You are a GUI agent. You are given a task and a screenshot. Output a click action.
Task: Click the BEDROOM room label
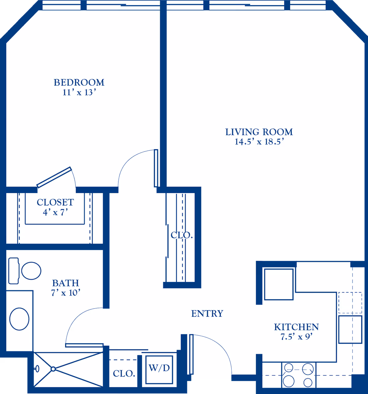(79, 82)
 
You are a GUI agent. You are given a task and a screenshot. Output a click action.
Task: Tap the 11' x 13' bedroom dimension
(79, 92)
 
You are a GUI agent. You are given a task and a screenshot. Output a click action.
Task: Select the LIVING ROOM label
(259, 132)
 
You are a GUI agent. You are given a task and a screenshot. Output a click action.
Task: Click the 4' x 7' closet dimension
(55, 212)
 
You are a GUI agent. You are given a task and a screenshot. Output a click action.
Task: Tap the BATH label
(65, 283)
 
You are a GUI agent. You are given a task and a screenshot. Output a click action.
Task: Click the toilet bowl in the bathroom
(31, 271)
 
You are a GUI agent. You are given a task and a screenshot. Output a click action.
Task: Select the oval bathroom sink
(19, 319)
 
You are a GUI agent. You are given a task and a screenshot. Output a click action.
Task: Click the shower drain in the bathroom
(53, 369)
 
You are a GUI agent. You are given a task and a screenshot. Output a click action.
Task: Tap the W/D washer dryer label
(159, 368)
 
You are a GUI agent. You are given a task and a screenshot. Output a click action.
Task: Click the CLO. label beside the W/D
(124, 374)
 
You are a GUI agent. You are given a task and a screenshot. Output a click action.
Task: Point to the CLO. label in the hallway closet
(182, 235)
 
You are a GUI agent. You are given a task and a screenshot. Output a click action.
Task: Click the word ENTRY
(207, 313)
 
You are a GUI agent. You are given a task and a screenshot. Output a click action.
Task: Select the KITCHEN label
(296, 327)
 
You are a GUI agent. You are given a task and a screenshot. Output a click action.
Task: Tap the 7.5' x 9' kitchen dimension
(296, 337)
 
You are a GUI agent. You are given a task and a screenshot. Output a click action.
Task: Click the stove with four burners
(298, 375)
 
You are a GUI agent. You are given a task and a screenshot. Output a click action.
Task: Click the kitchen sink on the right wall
(350, 329)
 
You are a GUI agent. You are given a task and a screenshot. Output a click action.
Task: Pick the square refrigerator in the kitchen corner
(279, 284)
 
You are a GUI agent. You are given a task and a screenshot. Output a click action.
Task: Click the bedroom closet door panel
(54, 177)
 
